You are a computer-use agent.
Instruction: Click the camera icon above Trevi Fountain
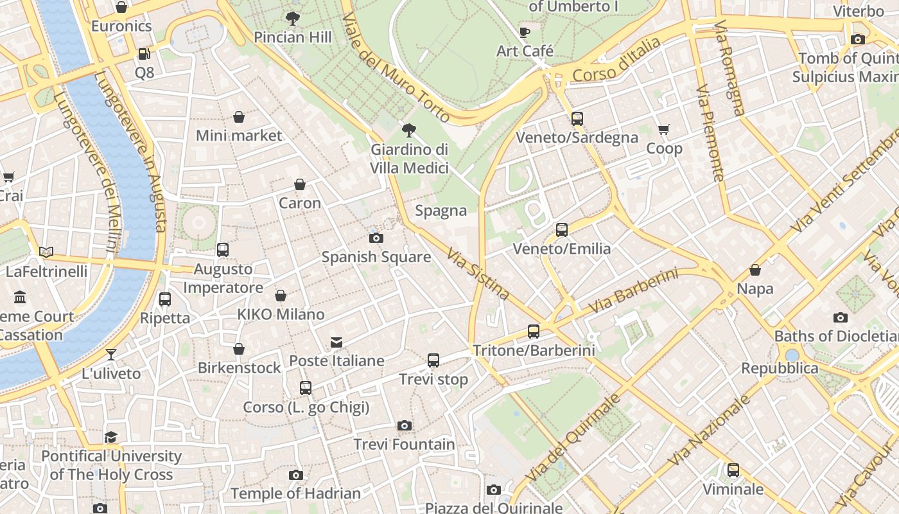tap(404, 425)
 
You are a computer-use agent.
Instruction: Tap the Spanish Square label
tap(376, 257)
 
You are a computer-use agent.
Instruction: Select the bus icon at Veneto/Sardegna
tap(577, 118)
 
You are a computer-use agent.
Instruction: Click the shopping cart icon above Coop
tap(664, 130)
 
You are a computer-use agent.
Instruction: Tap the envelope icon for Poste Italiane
tap(336, 342)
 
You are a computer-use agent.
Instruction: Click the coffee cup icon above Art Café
tap(525, 32)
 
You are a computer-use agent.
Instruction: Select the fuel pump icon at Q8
tap(144, 54)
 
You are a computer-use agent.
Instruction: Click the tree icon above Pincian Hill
tap(293, 19)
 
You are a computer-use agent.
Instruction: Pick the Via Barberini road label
tap(633, 292)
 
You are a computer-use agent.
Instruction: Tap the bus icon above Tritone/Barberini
tap(533, 332)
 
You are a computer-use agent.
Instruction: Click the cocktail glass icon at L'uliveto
tap(111, 354)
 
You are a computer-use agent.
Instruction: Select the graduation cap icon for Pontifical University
tap(111, 438)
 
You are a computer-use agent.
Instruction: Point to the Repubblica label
tap(780, 368)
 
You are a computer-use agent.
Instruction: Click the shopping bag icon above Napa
tap(755, 270)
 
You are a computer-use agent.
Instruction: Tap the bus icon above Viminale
tap(733, 470)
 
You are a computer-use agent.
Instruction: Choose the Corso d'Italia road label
tap(616, 59)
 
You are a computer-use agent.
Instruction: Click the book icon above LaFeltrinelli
tap(46, 252)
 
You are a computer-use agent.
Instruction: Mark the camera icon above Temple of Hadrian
tap(295, 475)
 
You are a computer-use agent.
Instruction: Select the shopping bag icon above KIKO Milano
tap(281, 296)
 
